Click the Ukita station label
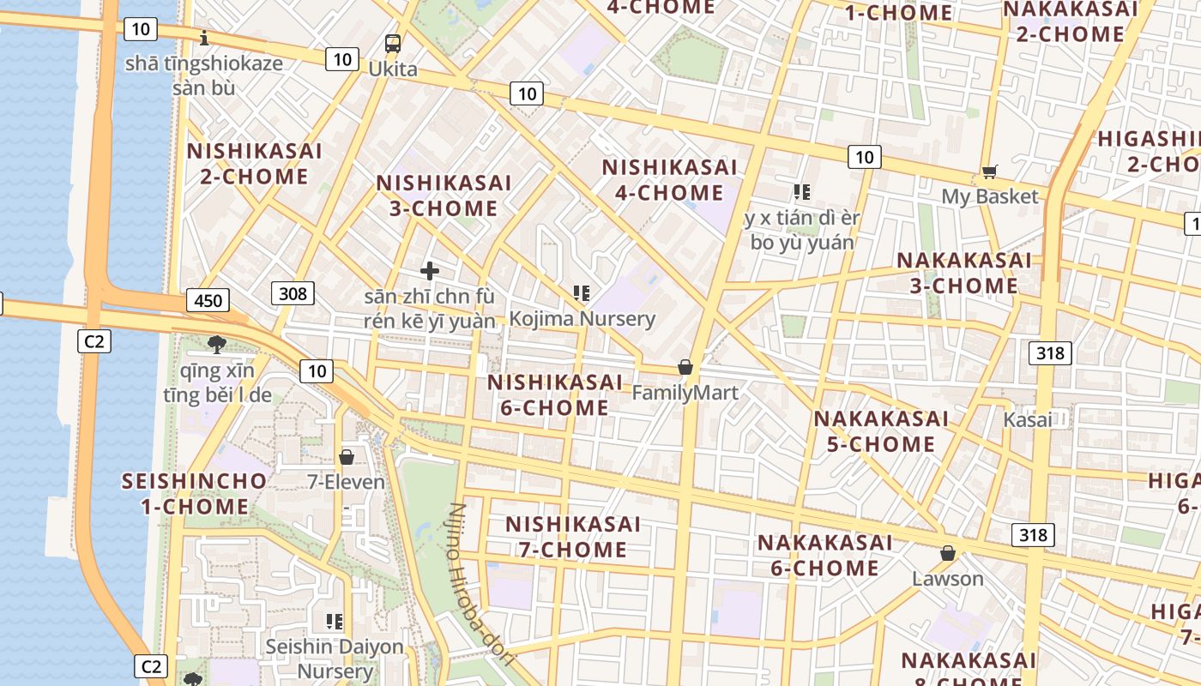pos(392,69)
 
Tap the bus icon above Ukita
pos(392,42)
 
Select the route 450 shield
pos(208,300)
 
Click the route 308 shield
pos(293,293)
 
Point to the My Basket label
pos(990,196)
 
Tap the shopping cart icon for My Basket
pos(990,172)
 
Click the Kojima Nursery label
pos(582,319)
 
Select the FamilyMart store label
pos(685,393)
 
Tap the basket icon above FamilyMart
pos(685,367)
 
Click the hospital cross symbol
pos(430,272)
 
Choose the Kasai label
pos(1027,420)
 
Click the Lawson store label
pos(947,579)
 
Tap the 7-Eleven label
pos(347,482)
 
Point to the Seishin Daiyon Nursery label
pos(334,659)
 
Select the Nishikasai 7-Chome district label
pos(572,536)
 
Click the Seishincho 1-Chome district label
pos(194,493)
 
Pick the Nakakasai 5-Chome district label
pos(880,431)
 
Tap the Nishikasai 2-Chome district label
pos(254,164)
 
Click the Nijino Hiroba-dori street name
pos(480,583)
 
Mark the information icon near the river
pos(204,38)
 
